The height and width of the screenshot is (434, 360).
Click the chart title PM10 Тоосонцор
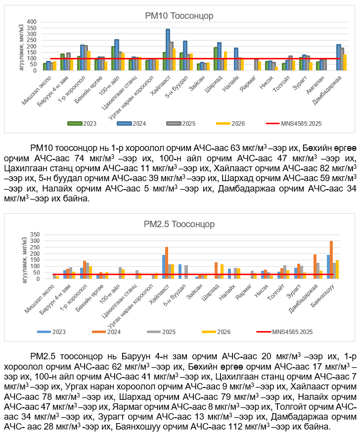[180, 16]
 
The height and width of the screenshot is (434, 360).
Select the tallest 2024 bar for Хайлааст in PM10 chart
[168, 49]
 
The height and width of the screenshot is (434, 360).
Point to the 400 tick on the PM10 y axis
[31, 22]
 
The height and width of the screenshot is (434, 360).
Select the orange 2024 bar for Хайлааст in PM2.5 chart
[167, 263]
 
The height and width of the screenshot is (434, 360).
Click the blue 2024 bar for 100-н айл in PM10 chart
[117, 54]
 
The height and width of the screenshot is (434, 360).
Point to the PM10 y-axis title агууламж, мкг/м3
[22, 46]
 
